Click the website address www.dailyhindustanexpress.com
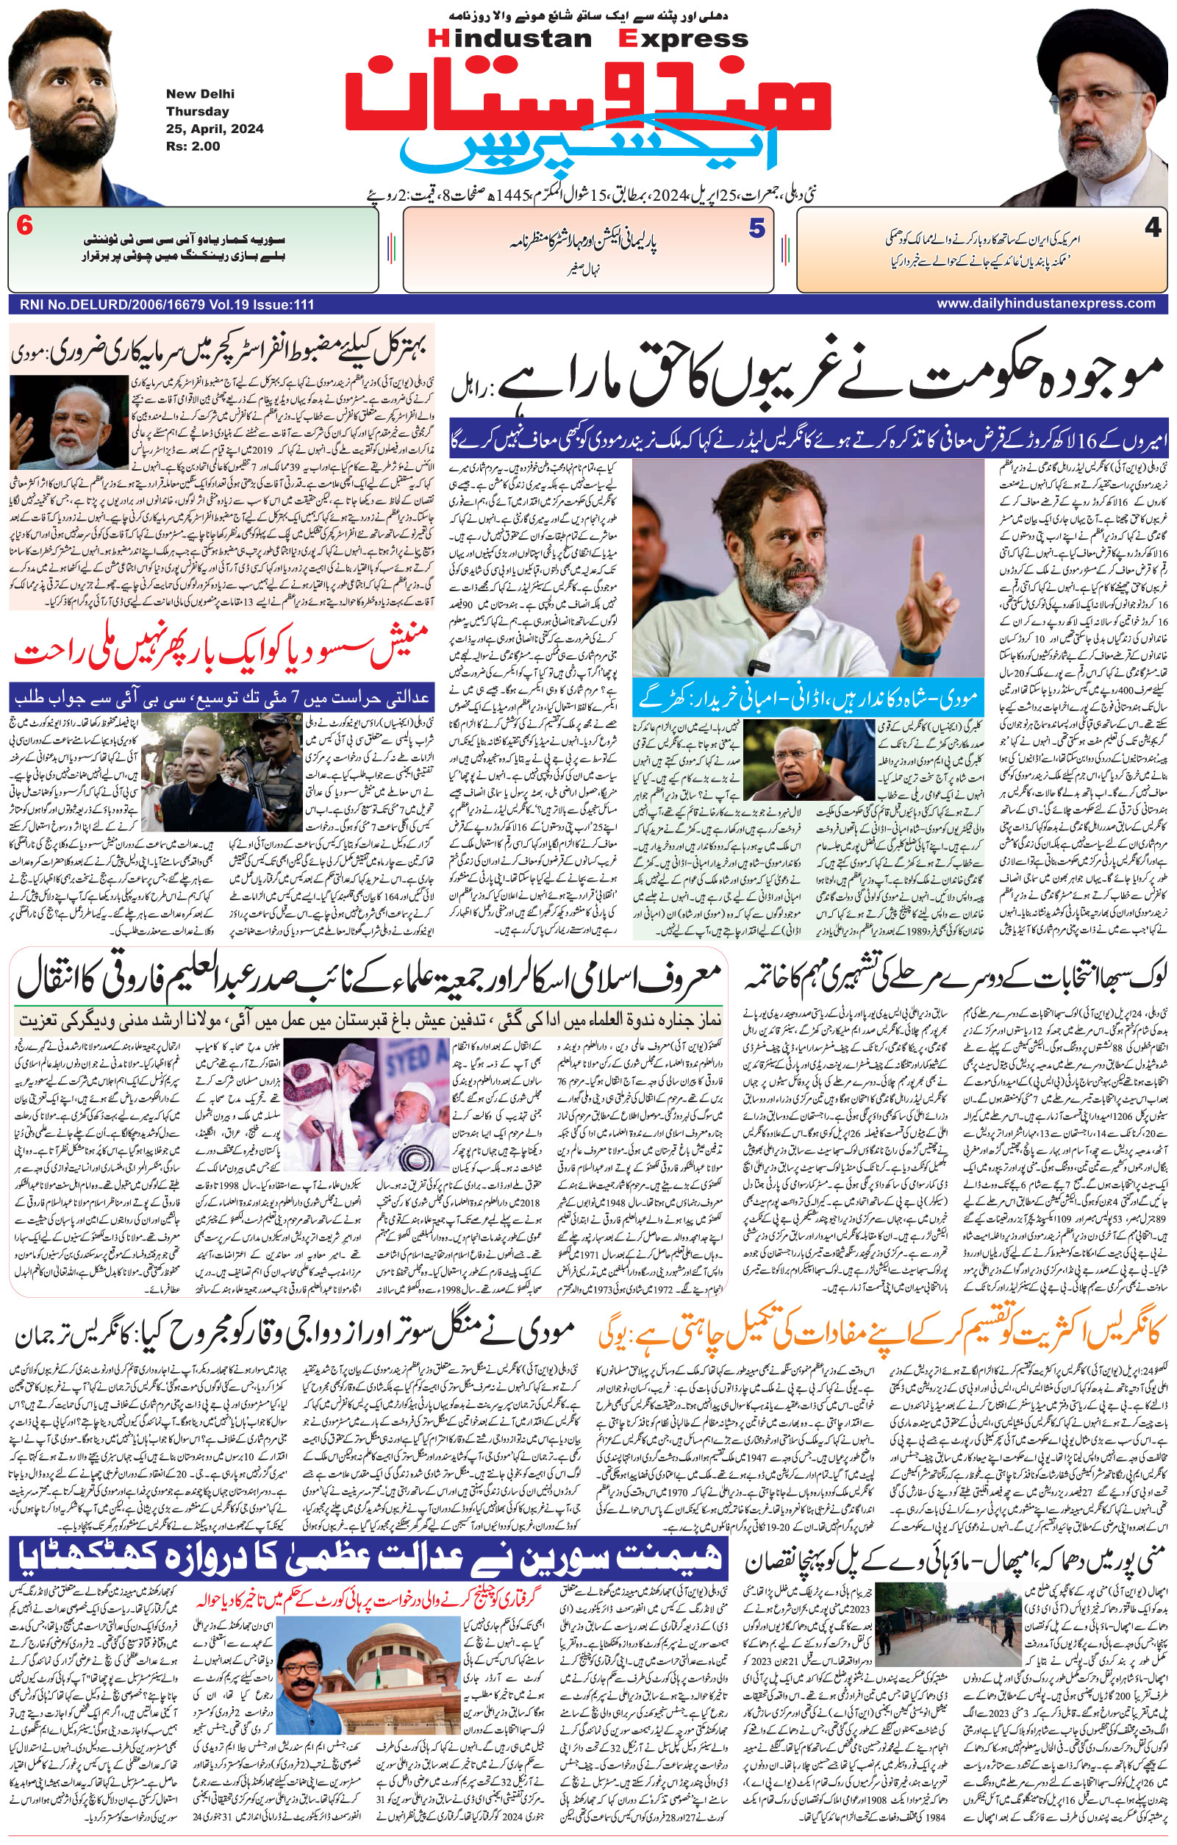1046,304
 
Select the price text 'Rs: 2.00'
193,146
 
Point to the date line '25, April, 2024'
215,128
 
